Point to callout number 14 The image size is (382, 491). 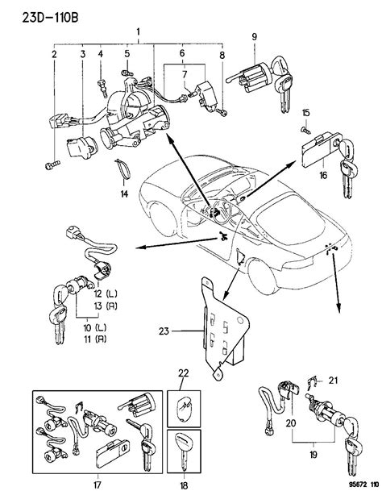tap(123, 195)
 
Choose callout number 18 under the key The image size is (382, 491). tap(183, 482)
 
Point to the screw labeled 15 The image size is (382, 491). tap(305, 129)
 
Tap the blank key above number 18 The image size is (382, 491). tap(184, 447)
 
